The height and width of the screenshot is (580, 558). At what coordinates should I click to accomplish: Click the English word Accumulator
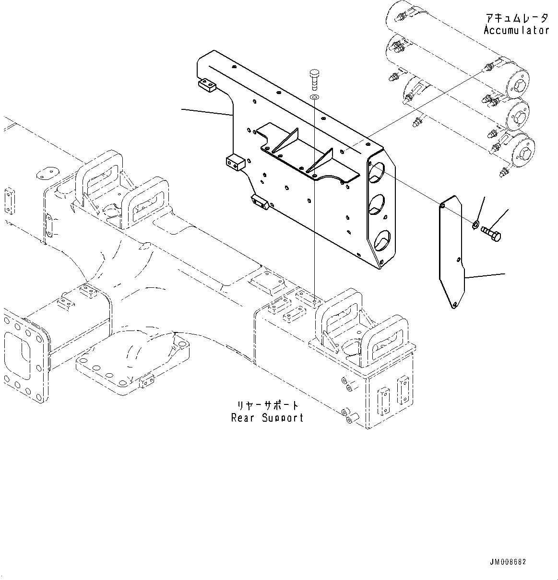point(516,30)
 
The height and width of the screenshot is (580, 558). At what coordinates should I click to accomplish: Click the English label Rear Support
point(267,417)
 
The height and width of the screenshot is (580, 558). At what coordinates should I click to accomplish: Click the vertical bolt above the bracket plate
point(314,79)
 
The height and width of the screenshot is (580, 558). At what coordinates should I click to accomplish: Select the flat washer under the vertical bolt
point(314,98)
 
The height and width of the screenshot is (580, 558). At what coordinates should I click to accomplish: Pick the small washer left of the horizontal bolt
point(475,223)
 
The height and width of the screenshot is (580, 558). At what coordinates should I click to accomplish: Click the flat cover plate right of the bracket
point(452,252)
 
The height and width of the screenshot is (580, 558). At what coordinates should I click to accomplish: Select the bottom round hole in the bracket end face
point(381,239)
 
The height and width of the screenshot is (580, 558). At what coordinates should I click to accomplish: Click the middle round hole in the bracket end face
point(379,205)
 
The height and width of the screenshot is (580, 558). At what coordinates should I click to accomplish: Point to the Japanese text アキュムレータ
point(516,18)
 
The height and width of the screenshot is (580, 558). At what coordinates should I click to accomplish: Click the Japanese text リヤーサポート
point(268,405)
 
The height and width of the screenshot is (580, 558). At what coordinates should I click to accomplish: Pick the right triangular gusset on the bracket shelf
point(321,161)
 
